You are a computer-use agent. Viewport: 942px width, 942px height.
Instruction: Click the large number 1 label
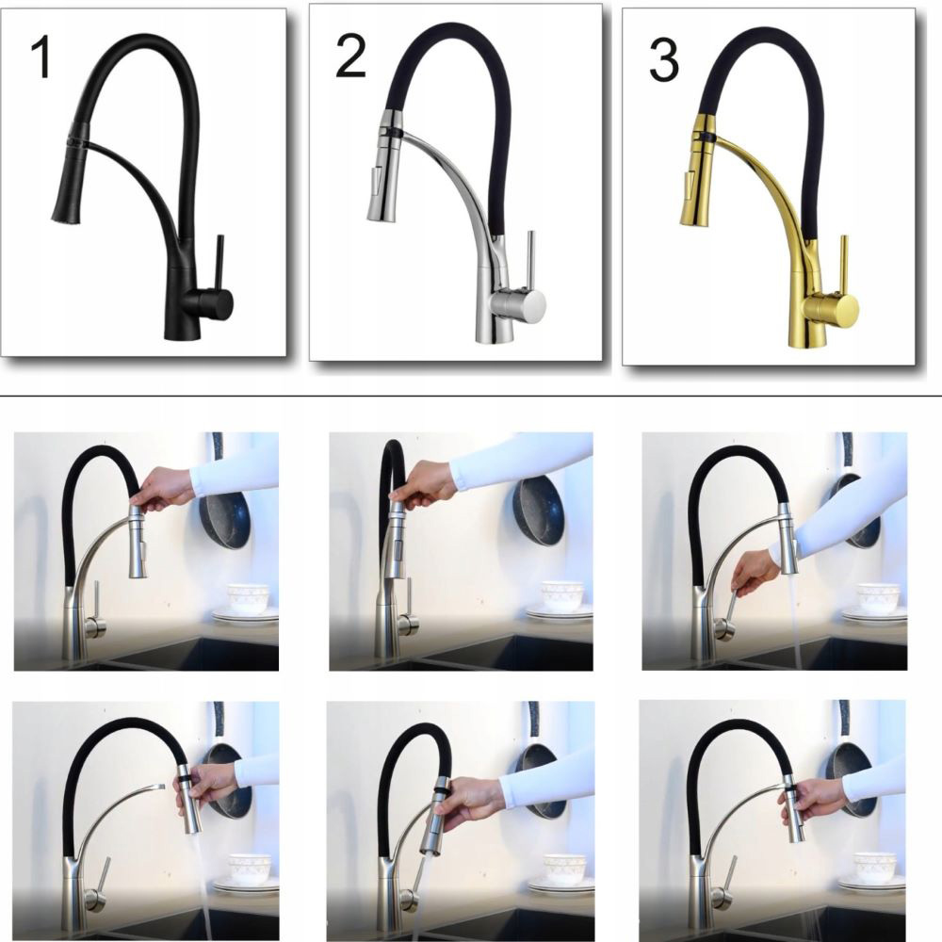pyautogui.click(x=41, y=57)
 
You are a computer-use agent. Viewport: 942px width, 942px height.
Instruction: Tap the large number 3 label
pyautogui.click(x=664, y=60)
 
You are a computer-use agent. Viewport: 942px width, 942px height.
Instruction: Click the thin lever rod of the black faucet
pyautogui.click(x=219, y=262)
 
